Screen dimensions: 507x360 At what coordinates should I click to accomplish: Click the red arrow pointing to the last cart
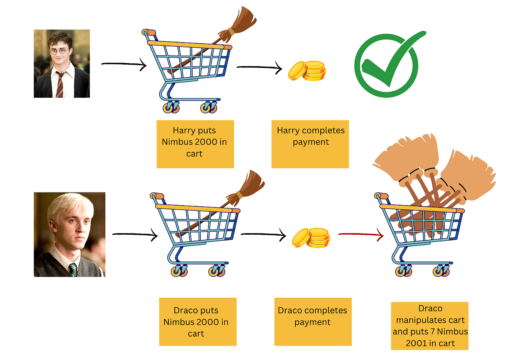coord(361,235)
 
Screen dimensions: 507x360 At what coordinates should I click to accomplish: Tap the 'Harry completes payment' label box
coord(310,144)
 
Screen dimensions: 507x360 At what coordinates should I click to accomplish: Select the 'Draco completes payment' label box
coord(313,322)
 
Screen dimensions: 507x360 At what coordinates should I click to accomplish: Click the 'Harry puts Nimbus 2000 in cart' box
coord(195,144)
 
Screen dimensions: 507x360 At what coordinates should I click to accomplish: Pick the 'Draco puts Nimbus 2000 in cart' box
coord(198,322)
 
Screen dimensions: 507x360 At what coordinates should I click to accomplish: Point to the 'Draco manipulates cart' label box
coord(430,326)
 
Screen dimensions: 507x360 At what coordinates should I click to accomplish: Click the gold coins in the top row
coord(307,71)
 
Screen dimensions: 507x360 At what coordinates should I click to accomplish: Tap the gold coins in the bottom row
coord(311,238)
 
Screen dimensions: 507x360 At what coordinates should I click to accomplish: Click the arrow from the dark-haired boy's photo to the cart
coord(124,64)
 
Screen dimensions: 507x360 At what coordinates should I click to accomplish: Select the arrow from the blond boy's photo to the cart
coord(135,235)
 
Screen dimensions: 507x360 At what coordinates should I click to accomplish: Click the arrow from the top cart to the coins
coord(259,68)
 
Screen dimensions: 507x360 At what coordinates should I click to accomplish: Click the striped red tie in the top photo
coord(60,85)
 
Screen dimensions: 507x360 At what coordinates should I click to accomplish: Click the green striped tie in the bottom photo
coord(73,270)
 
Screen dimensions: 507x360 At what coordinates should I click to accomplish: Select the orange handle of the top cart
coord(149,32)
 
